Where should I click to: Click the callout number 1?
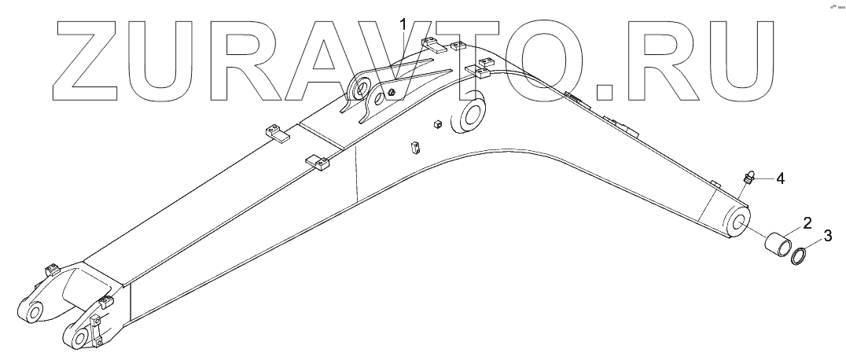coord(404,24)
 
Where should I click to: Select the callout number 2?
coord(807,222)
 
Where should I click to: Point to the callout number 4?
coord(780,178)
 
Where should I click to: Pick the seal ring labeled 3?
coord(800,256)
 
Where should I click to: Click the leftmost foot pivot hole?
coord(34,311)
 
